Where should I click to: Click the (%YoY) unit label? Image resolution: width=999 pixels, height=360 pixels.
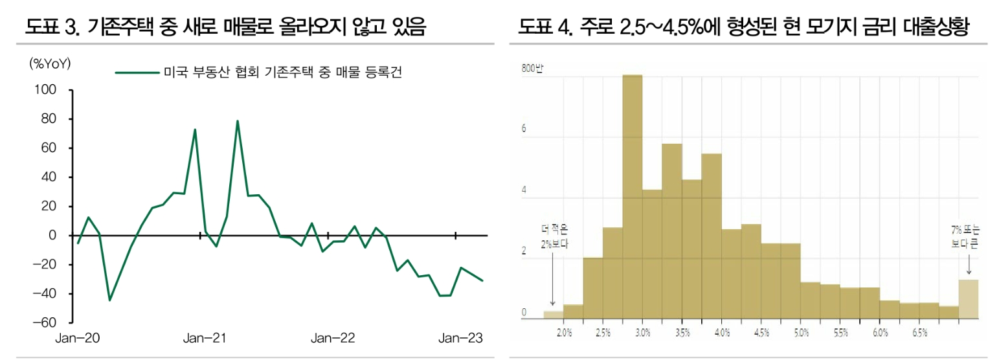click(50, 63)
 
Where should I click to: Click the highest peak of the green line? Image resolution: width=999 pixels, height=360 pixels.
click(238, 121)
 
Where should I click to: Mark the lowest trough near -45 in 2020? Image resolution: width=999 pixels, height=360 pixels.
click(109, 300)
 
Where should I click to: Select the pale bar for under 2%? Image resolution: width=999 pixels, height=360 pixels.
click(553, 315)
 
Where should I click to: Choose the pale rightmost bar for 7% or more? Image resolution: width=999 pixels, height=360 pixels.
click(968, 298)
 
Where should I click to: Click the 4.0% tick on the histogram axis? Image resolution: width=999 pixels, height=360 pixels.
click(722, 332)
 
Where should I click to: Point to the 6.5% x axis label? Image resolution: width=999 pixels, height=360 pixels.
click(920, 332)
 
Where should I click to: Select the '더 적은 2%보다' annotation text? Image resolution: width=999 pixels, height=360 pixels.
click(552, 237)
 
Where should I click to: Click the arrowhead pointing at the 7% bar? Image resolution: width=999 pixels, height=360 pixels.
click(969, 275)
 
